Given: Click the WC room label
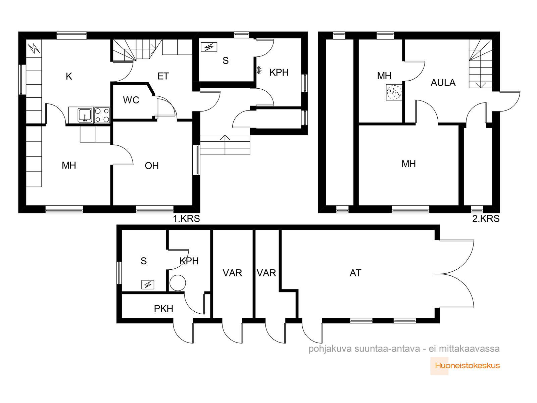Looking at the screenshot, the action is pyautogui.click(x=131, y=100).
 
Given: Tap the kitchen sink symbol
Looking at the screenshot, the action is pyautogui.click(x=85, y=115).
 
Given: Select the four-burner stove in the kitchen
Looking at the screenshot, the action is pyautogui.click(x=102, y=115).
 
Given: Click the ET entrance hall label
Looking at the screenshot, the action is pyautogui.click(x=163, y=76).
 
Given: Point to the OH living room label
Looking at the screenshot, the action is pyautogui.click(x=152, y=166).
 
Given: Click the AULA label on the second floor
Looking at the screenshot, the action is pyautogui.click(x=443, y=83).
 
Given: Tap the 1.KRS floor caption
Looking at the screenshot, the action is pyautogui.click(x=186, y=219).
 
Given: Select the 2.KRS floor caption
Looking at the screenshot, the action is pyautogui.click(x=486, y=219).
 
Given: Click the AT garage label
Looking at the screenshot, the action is pyautogui.click(x=355, y=273).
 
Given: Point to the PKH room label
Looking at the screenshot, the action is pyautogui.click(x=163, y=309).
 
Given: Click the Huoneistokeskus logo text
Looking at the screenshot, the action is pyautogui.click(x=467, y=366).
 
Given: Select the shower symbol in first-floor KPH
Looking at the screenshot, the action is pyautogui.click(x=259, y=71).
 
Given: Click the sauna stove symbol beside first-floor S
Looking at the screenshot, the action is pyautogui.click(x=209, y=47).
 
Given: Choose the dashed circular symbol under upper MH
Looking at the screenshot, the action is pyautogui.click(x=394, y=92).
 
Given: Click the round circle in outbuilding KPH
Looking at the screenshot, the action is pyautogui.click(x=178, y=283).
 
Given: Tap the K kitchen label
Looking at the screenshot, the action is pyautogui.click(x=69, y=77).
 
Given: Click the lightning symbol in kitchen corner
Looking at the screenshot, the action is pyautogui.click(x=34, y=48).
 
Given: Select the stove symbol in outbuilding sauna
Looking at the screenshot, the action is pyautogui.click(x=148, y=284).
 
